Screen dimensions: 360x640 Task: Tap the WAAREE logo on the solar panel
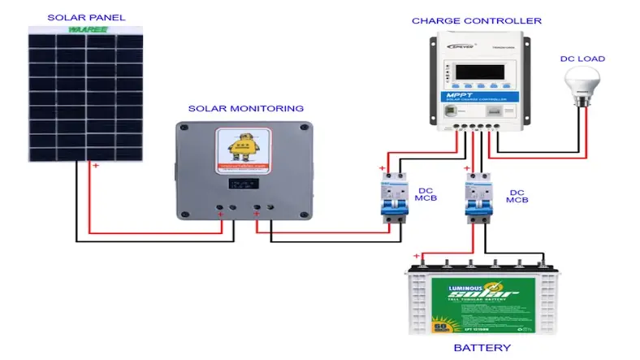(x=84, y=29)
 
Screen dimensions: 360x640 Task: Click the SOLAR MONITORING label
(x=245, y=108)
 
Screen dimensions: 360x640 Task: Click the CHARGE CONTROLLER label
(x=476, y=20)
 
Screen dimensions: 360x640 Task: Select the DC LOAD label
(x=582, y=59)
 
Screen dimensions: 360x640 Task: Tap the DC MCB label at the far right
(x=517, y=196)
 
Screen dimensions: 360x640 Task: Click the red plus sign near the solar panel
(x=95, y=167)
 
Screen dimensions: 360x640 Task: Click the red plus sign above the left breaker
(x=382, y=168)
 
